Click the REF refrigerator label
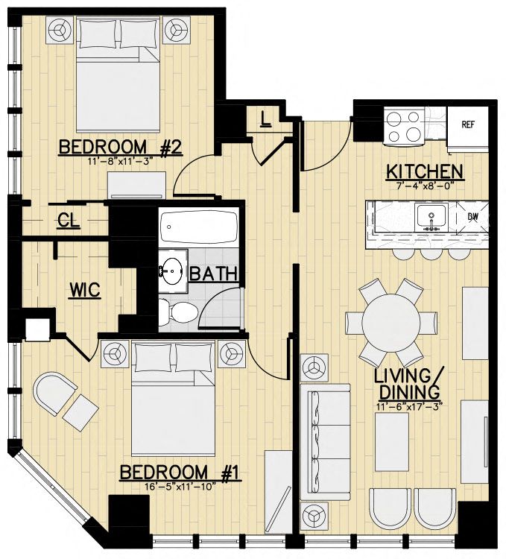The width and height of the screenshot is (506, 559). coord(468,124)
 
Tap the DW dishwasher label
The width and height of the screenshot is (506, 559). coord(472,216)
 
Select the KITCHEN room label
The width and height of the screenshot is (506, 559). coord(425,172)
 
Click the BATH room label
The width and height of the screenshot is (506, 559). coord(213,274)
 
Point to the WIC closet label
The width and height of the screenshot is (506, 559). coord(85,290)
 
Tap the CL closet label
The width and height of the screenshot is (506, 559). coord(69,221)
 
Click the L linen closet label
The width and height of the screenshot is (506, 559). coord(265,119)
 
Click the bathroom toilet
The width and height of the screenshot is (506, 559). coord(178,312)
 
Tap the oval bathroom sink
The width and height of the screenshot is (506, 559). coord(173,271)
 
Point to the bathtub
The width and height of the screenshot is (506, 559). coord(199,227)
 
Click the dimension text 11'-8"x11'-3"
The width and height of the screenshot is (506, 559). coord(121,161)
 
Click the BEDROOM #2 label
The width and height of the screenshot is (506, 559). coord(121,148)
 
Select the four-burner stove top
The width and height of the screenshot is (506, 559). coord(403,127)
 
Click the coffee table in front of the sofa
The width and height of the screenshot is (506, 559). coord(392,442)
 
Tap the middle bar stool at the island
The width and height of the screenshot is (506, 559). coord(431,253)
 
